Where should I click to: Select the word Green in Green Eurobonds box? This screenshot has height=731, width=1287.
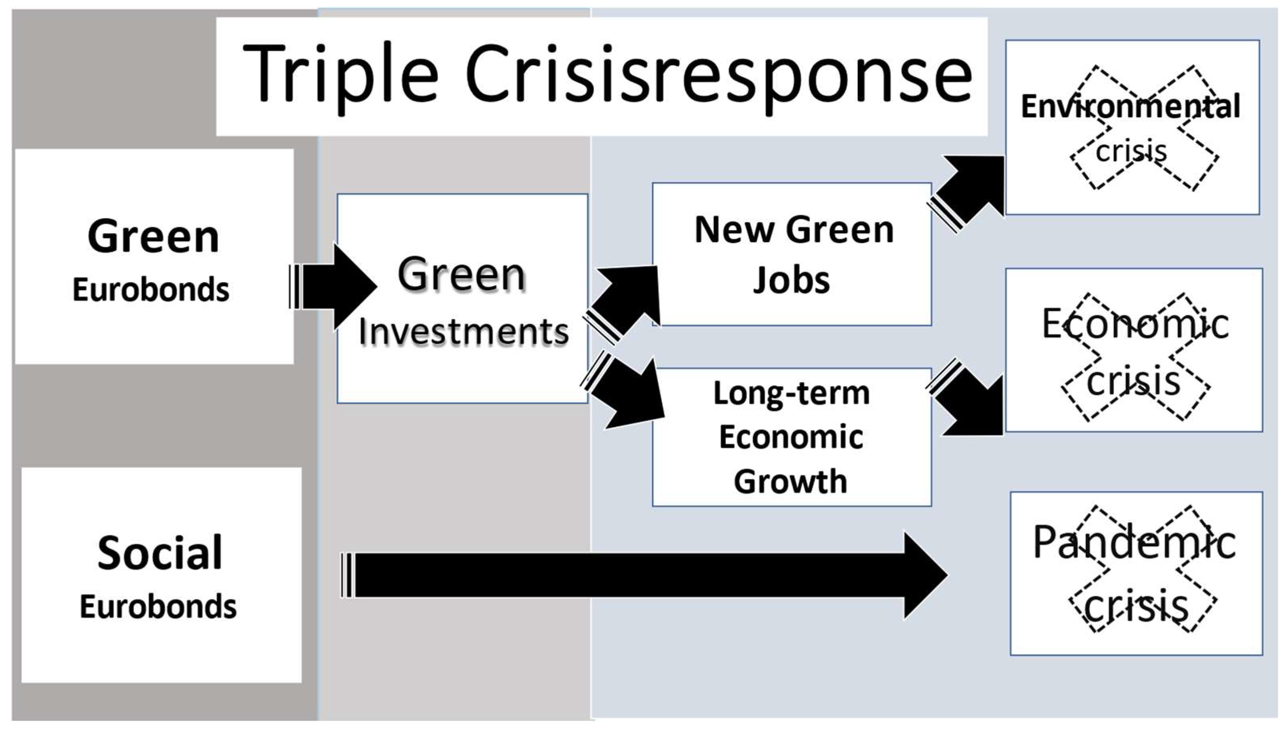pyautogui.click(x=153, y=236)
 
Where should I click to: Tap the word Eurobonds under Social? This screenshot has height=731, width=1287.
pyautogui.click(x=158, y=607)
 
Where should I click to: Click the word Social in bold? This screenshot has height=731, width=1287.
pyautogui.click(x=160, y=553)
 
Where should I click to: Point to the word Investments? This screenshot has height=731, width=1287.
pyautogui.click(x=464, y=332)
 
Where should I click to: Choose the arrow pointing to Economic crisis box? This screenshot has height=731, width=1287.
pyautogui.click(x=968, y=402)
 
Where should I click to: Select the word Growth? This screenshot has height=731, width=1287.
pyautogui.click(x=790, y=481)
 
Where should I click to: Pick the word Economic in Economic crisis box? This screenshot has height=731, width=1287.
pyautogui.click(x=1135, y=324)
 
